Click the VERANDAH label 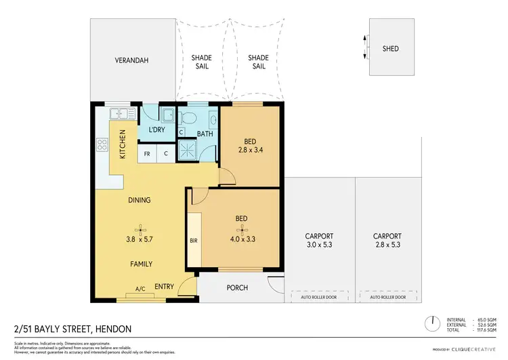point(131,61)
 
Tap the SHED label point(390,49)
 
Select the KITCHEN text point(123,144)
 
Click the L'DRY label point(157,130)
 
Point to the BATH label point(205,134)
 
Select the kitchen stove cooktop point(104,144)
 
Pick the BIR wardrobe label point(193,240)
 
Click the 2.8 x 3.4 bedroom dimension point(250,153)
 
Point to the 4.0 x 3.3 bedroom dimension point(240,239)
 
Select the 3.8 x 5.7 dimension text point(140,239)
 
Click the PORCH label point(236,287)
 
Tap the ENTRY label point(164,287)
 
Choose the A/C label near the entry point(141,289)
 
